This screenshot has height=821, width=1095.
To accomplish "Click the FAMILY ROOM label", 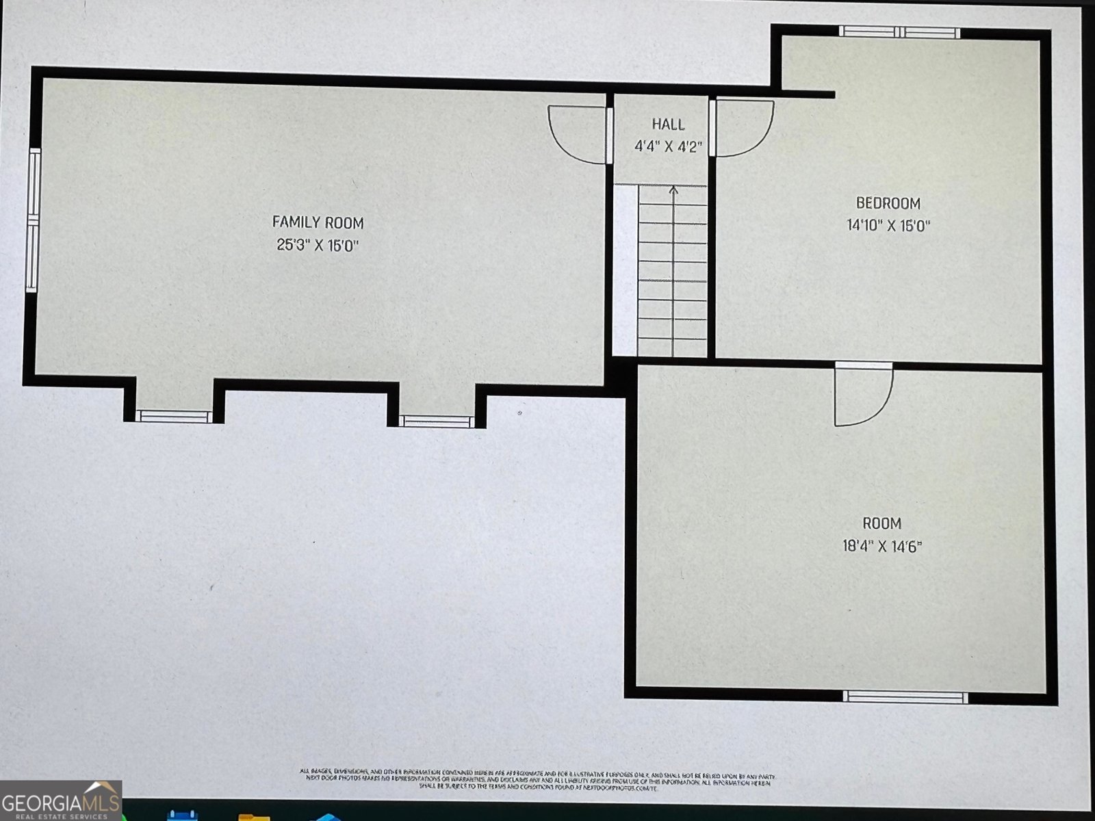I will pos(318,222).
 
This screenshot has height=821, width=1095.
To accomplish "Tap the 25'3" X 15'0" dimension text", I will pos(318,245).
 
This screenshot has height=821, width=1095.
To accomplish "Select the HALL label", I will pos(667,125).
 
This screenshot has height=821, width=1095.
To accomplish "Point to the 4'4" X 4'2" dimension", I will pos(667,146).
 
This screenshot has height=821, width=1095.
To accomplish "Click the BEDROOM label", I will pos(888,203).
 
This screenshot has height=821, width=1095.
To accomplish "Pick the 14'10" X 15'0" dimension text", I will pos(888,225).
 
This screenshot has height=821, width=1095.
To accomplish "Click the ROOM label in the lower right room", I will pos(881,523).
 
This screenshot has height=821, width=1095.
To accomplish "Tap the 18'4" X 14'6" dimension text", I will pos(881,546).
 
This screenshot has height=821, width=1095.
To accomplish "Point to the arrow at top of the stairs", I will pos(674,192).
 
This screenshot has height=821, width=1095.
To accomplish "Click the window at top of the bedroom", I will pos(900,32).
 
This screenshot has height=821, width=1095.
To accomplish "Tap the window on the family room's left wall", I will pos(32,220).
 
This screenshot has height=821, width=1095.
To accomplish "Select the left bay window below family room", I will pos(174,416).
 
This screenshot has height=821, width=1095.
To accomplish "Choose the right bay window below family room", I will pos(437,421).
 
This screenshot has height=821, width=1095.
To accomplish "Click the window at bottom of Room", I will pos(905,697).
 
